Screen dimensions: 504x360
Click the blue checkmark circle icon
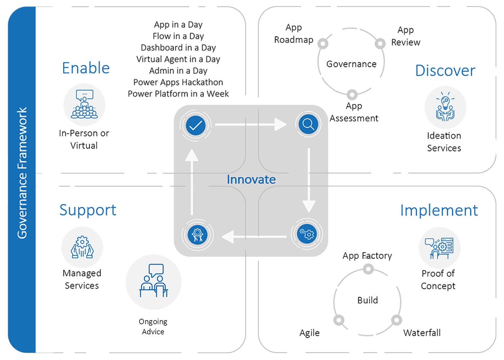(195, 125)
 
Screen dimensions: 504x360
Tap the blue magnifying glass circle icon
(308, 124)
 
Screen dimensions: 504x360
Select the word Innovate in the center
(251, 180)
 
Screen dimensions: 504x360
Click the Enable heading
(86, 68)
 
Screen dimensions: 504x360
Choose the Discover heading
(445, 71)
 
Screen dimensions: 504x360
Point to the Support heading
(88, 210)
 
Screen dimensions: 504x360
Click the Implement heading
(439, 211)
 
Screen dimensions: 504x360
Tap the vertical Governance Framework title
(22, 173)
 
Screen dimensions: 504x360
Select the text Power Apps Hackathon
(178, 82)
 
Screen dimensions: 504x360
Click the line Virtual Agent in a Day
(178, 59)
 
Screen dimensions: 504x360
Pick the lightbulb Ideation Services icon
(445, 107)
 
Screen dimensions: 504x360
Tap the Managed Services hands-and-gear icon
(82, 247)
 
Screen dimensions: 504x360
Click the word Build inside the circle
(368, 300)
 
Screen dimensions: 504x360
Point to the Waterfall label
(422, 333)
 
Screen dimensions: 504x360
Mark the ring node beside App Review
(380, 44)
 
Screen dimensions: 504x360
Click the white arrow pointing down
(309, 180)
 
